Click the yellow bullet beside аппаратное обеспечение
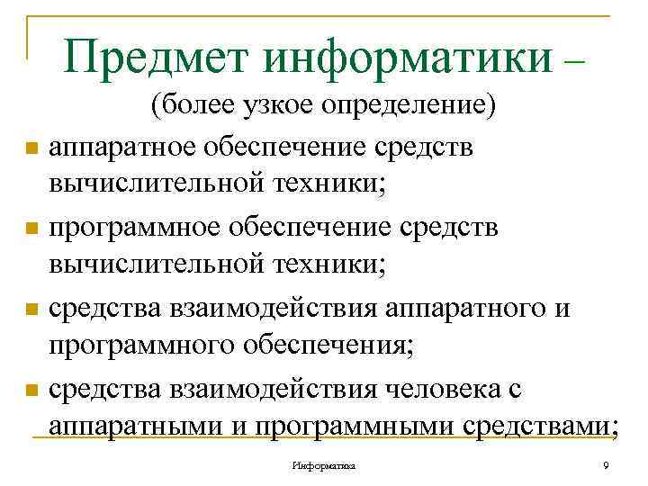[31, 148]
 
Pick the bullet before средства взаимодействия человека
[31, 390]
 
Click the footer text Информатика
[324, 466]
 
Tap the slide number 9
[606, 465]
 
